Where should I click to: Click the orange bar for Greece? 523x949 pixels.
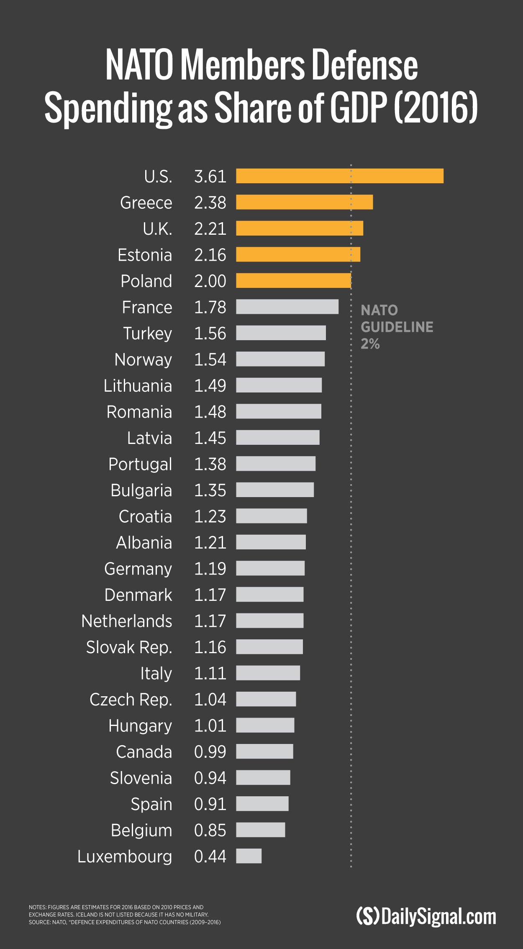pos(304,202)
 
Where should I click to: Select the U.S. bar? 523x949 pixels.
pos(339,176)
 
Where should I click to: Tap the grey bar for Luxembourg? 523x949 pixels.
pos(249,856)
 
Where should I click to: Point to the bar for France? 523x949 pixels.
pos(287,307)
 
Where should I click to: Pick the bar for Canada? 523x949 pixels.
pos(264,751)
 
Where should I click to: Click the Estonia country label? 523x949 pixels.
pos(145,255)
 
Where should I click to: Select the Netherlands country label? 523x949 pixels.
pos(127,621)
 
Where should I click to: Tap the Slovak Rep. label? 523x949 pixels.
pos(129,647)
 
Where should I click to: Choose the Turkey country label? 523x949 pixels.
pos(147,333)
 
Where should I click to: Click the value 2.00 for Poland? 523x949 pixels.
pos(210,281)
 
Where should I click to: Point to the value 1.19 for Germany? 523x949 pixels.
pos(210,569)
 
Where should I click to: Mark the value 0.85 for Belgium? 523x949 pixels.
pos(210,830)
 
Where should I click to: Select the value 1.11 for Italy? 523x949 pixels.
pos(210,673)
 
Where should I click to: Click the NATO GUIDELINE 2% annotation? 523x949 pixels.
pos(396,327)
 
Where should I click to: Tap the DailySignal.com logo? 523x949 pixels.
pos(426,916)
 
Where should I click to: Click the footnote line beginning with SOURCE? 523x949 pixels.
pos(124,922)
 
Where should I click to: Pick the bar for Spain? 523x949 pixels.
pos(262,803)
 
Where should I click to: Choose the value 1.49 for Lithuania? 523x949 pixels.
pos(210,385)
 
